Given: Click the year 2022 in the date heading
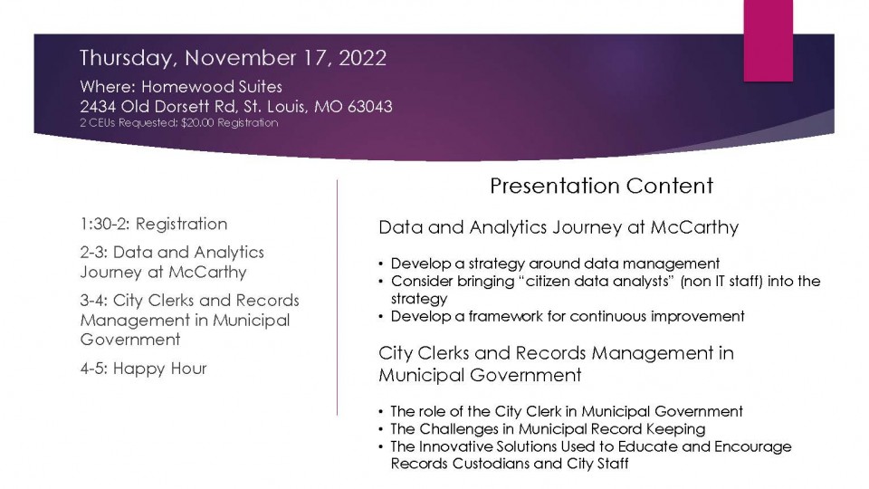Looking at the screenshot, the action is point(362,58).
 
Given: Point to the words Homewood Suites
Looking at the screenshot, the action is point(212,87).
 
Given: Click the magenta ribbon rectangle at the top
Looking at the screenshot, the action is point(769,41).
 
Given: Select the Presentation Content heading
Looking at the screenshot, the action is point(601,186).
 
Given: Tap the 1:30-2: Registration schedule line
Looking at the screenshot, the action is point(154,224).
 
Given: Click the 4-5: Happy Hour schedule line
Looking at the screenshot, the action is point(143,369).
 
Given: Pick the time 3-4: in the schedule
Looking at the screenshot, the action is point(93,301).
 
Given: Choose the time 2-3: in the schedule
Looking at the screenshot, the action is point(93,253).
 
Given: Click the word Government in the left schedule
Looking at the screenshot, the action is point(130,340).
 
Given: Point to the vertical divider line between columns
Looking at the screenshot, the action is point(337,297).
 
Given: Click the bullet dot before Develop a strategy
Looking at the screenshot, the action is point(381,264).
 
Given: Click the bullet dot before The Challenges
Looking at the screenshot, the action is point(381,429).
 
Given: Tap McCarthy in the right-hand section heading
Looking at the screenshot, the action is point(694,227).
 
